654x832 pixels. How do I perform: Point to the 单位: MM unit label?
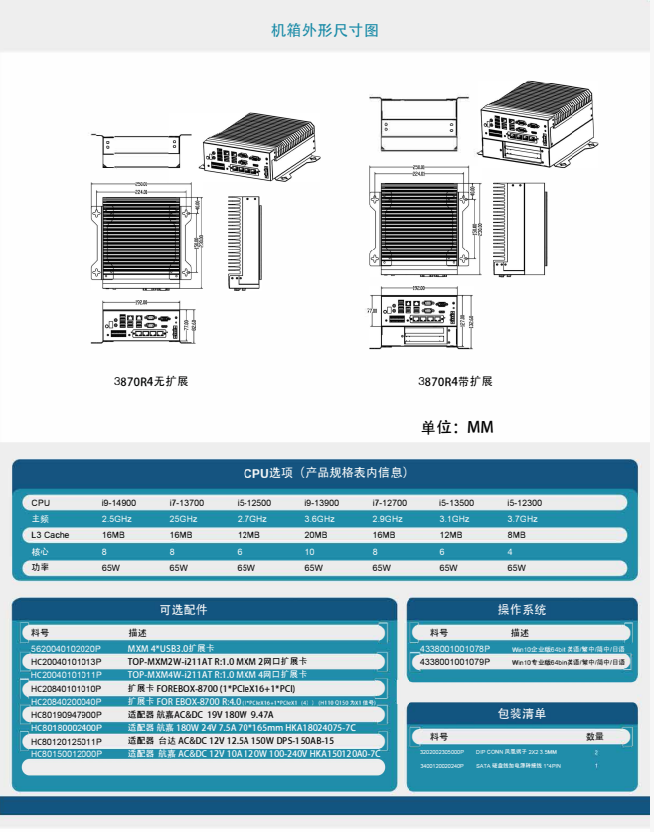pos(457,428)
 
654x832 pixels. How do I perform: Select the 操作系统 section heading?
pos(522,609)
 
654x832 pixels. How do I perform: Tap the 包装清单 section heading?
pos(522,713)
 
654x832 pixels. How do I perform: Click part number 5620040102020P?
pos(66,649)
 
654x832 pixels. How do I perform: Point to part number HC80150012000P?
pos(67,754)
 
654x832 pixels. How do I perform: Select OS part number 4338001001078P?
pos(455,648)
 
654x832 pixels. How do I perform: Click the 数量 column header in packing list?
pos(595,737)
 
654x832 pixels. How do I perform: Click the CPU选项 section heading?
pos(325,473)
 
